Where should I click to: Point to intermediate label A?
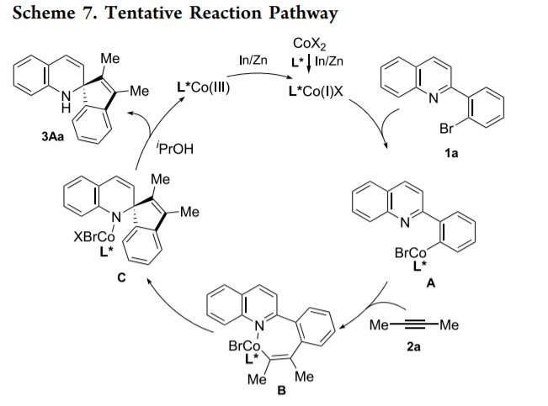(430, 286)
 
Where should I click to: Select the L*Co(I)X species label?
(314, 87)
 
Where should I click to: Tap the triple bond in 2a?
(421, 325)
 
